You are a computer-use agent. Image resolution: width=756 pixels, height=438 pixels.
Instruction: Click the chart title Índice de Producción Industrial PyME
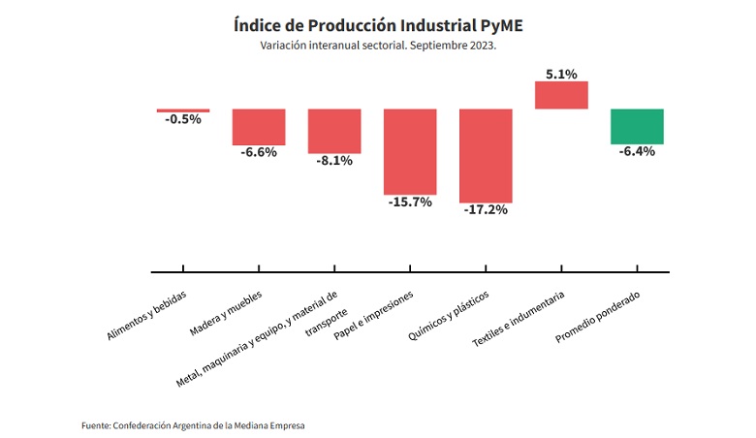point(378,23)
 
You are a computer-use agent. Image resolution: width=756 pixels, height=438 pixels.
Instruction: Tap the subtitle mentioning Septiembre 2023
point(378,46)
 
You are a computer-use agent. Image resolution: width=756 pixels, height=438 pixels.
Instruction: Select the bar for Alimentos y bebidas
point(183,110)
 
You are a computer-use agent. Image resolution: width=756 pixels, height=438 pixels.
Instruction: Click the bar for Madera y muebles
point(258,126)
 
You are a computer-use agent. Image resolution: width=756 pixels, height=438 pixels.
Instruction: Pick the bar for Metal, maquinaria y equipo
point(334,131)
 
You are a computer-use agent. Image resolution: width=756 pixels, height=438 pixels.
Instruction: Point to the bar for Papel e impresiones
point(410,151)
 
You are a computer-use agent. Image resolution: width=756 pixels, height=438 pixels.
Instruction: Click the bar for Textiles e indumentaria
point(561,95)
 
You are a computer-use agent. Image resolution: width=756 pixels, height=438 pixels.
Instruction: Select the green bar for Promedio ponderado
point(637,126)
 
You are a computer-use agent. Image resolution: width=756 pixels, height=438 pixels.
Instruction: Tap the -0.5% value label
point(183,119)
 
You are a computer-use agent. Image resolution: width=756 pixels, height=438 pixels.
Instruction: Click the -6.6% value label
point(259,152)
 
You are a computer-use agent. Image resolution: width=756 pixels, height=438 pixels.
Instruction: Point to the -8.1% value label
point(334,161)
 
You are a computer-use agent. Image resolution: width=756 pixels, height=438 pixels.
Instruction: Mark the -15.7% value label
point(410,202)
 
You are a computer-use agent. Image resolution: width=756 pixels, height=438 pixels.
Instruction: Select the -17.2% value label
point(486,209)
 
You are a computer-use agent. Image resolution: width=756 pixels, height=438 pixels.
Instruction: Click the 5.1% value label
point(561,74)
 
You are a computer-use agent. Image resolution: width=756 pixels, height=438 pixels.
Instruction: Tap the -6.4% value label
point(637,151)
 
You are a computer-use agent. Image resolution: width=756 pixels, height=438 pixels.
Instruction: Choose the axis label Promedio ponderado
point(598,314)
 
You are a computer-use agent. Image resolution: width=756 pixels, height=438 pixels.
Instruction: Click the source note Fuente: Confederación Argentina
point(199,423)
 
